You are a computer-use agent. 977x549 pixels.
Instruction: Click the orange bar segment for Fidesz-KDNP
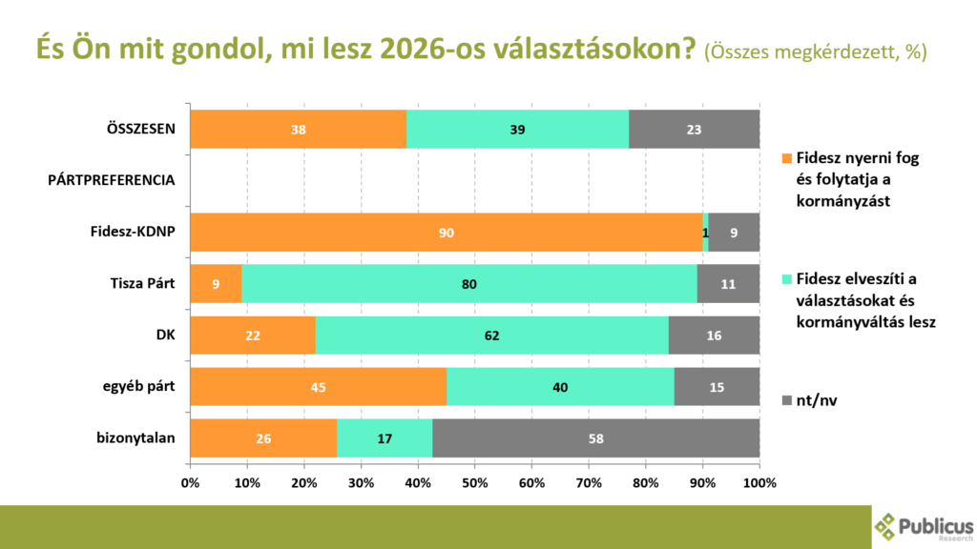click(446, 233)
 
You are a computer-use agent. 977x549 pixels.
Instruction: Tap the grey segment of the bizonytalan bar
click(595, 438)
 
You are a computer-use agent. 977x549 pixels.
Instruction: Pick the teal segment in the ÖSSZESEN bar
click(517, 130)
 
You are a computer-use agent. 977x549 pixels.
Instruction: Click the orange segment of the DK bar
click(253, 335)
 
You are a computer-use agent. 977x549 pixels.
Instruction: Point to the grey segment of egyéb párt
click(717, 387)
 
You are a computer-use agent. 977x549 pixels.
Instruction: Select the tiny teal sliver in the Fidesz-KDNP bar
click(705, 233)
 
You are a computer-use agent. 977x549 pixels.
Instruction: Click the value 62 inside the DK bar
click(491, 335)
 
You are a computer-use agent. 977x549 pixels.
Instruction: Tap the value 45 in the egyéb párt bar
click(318, 387)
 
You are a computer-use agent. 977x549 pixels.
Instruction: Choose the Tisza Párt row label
click(141, 283)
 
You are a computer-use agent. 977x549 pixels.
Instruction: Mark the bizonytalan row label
click(136, 437)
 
